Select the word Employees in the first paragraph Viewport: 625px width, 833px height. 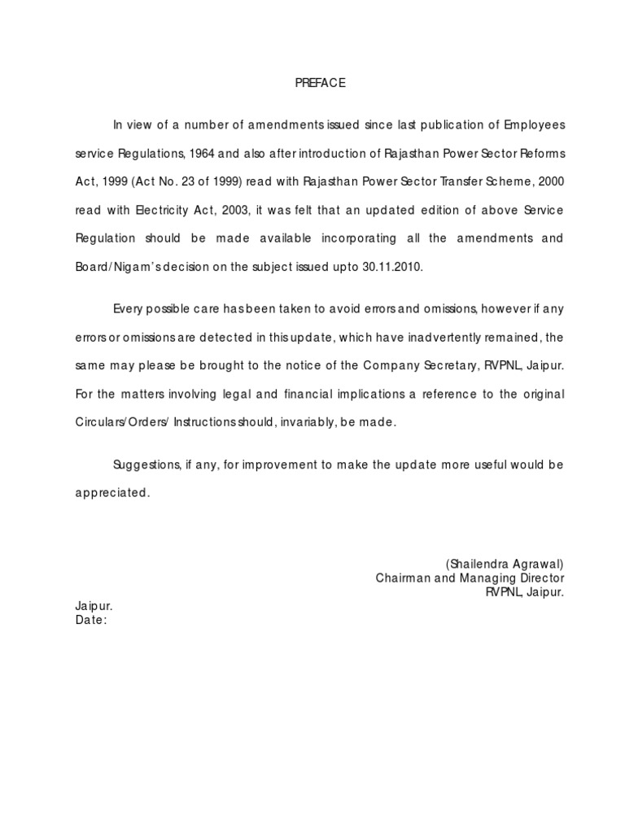point(534,124)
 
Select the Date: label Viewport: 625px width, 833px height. point(91,621)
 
